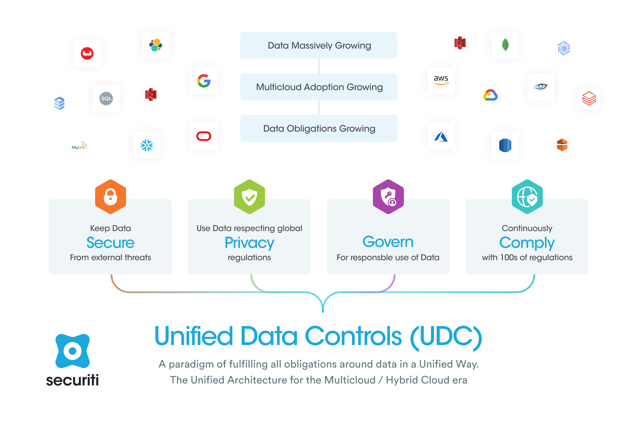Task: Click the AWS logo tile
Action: point(441,80)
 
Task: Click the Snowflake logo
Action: point(147,145)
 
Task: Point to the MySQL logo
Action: point(79,146)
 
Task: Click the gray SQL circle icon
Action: point(106,98)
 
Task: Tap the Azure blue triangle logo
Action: point(441,136)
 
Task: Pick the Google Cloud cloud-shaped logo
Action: point(490,95)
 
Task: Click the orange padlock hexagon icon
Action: point(110,197)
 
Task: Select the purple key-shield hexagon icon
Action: point(388,197)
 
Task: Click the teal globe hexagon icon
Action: point(527,197)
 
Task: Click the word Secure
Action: point(110,242)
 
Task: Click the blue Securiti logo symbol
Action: point(73,351)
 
